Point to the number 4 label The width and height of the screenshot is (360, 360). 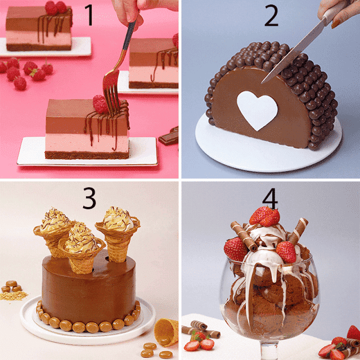coord(270,199)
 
